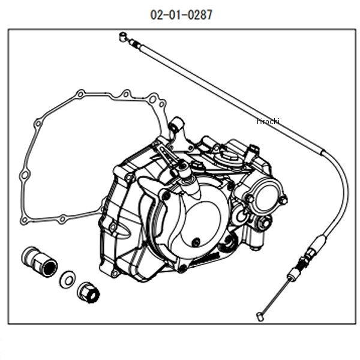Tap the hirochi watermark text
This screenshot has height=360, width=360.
(x=268, y=122)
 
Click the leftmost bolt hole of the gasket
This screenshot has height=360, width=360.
(x=25, y=175)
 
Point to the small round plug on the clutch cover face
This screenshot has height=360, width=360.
(x=196, y=242)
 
